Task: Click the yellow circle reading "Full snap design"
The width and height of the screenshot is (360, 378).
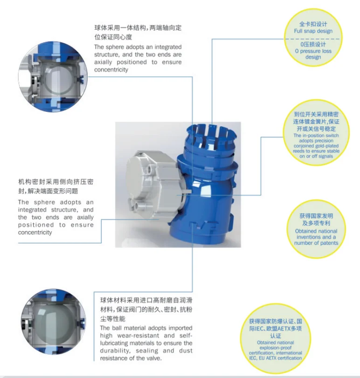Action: tap(313, 38)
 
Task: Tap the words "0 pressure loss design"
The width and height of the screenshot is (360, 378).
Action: tap(313, 54)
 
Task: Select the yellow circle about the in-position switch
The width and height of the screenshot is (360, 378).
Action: tap(316, 133)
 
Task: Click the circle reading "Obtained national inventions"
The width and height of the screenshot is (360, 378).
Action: tap(316, 229)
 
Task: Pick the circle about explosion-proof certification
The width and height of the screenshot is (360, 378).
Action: tap(276, 338)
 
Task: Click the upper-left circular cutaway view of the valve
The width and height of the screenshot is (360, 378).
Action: tap(53, 76)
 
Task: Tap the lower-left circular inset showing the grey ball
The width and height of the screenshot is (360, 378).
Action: tap(54, 322)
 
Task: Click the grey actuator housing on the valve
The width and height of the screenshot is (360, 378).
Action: tap(154, 185)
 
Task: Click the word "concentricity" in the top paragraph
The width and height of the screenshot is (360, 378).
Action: tap(111, 69)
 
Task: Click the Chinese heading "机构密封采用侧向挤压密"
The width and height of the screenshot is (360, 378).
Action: tap(55, 182)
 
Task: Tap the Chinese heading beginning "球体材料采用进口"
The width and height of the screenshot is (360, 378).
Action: tap(146, 300)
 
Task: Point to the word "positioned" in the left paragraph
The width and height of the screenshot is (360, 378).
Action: tap(36, 225)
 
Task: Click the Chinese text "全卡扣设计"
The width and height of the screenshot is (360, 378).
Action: tap(313, 24)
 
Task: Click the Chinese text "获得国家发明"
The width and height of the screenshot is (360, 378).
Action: tap(316, 216)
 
